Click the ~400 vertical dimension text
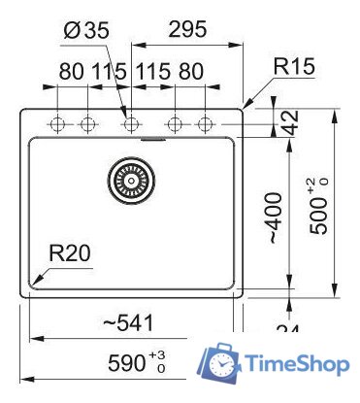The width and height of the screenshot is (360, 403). [x=276, y=218]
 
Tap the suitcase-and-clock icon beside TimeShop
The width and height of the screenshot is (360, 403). [x=220, y=364]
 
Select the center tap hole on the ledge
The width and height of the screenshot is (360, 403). [x=131, y=124]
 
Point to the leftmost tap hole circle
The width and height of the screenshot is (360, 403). [x=56, y=124]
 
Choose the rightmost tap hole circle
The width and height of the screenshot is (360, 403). [x=205, y=124]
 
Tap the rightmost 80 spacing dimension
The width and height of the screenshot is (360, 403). [x=191, y=72]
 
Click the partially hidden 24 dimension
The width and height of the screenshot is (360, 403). [x=286, y=331]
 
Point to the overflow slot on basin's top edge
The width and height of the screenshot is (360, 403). [x=150, y=140]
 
